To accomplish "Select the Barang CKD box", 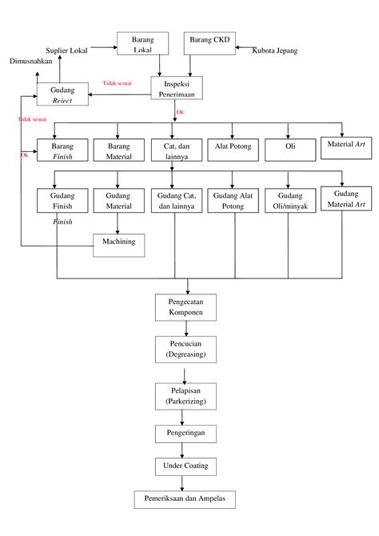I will (210, 43).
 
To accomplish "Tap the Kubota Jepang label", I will (276, 50).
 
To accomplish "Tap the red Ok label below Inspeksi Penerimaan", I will (180, 113).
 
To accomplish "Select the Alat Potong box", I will (233, 147).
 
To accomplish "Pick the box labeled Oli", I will (289, 147).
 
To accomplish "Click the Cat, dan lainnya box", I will (176, 151).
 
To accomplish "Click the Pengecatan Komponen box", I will (185, 307).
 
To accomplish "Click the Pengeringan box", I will (185, 432).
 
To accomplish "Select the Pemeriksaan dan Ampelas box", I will (185, 499).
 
